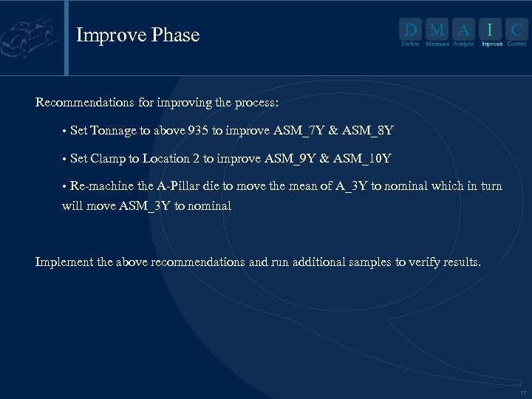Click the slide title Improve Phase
click(x=137, y=35)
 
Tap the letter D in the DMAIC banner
click(x=410, y=30)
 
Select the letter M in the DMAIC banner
click(x=437, y=30)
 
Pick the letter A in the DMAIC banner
click(x=463, y=30)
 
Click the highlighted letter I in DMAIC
click(x=491, y=30)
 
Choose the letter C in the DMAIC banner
click(x=517, y=30)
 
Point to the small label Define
click(x=410, y=44)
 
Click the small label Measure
click(x=437, y=44)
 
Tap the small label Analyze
click(x=463, y=44)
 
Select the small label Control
click(x=516, y=44)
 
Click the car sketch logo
click(x=30, y=36)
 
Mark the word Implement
click(x=64, y=262)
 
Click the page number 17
click(x=523, y=393)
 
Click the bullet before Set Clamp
click(x=65, y=159)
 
